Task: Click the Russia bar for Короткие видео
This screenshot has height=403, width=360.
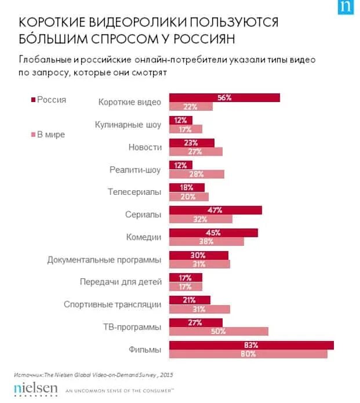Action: click(x=224, y=97)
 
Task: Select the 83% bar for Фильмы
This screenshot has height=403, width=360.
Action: click(x=251, y=345)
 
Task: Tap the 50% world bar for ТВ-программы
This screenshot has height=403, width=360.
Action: click(x=219, y=331)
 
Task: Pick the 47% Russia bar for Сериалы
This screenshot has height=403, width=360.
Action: click(x=215, y=210)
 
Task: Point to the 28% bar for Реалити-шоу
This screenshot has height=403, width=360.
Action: click(x=197, y=174)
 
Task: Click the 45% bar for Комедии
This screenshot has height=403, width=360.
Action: click(x=213, y=233)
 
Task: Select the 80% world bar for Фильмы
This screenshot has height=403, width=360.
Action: click(x=248, y=354)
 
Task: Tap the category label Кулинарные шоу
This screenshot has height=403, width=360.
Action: click(x=128, y=125)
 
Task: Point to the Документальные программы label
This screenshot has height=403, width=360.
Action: click(x=104, y=260)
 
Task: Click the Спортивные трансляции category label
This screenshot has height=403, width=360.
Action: click(x=112, y=304)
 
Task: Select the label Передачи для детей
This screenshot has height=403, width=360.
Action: click(x=121, y=282)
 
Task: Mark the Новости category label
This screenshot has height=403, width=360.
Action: click(x=145, y=147)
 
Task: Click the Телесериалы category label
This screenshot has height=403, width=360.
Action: click(x=134, y=192)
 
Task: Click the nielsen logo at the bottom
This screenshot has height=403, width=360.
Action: click(x=36, y=387)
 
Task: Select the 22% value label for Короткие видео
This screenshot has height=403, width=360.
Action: click(x=190, y=107)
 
